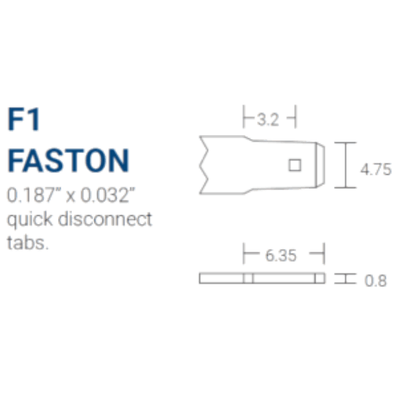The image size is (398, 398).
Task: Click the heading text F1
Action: [24, 119]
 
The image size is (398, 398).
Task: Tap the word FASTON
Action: [69, 161]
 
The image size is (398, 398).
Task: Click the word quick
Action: [30, 219]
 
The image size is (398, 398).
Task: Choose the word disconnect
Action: [105, 219]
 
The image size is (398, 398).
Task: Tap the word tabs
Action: [28, 242]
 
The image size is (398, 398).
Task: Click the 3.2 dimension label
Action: [268, 119]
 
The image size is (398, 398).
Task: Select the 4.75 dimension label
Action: [376, 169]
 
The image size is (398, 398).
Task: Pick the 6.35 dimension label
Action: [281, 256]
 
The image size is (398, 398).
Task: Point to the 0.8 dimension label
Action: [376, 281]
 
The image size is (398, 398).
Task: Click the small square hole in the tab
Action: [295, 165]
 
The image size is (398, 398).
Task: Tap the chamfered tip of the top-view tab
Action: [320, 165]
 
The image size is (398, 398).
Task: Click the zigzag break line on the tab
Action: [204, 165]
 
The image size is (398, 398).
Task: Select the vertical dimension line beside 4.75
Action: [345, 165]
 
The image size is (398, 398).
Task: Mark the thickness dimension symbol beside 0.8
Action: [345, 279]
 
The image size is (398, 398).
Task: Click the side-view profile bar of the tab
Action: [262, 278]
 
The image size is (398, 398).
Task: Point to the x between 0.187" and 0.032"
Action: [71, 196]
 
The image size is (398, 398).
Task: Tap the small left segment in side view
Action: [248, 278]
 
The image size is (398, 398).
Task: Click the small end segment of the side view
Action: [320, 278]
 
